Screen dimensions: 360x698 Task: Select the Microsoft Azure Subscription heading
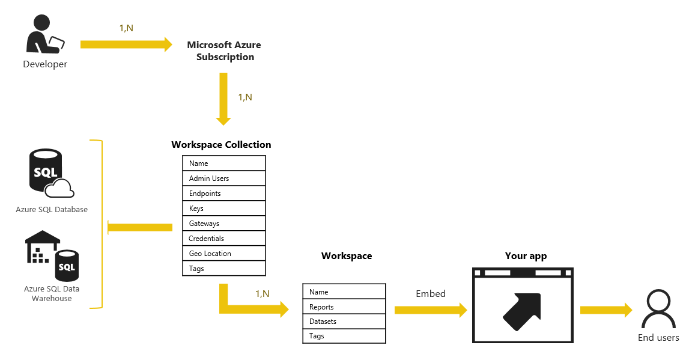coord(224,51)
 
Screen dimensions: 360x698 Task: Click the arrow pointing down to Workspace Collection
coord(223,97)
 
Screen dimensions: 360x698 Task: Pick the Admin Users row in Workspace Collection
coord(223,178)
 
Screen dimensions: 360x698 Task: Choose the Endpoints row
coord(223,194)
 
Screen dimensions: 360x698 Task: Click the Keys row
coord(223,209)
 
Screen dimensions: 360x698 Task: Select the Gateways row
coord(223,224)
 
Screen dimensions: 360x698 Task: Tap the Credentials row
coord(223,239)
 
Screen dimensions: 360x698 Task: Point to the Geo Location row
coord(223,254)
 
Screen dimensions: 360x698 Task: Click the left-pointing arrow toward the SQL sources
coord(139,227)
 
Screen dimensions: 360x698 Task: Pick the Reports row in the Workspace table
coord(344,307)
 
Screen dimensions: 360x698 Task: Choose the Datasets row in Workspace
coord(344,322)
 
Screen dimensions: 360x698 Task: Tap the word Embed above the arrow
coord(431,294)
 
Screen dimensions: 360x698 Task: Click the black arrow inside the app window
coord(523,311)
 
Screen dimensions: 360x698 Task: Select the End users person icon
coord(658,310)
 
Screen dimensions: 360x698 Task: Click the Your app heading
coord(526,256)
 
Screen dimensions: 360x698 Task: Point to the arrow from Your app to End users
coord(605,310)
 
